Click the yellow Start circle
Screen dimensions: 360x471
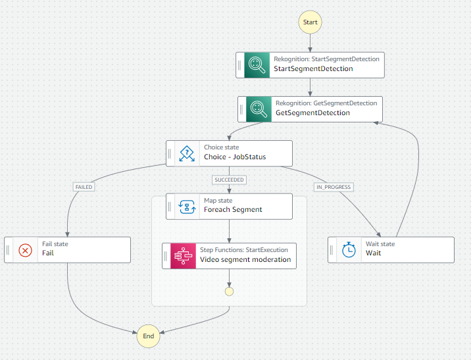310,22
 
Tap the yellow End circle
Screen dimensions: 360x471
148,336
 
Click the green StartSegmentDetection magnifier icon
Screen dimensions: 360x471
257,64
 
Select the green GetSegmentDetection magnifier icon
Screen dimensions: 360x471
259,109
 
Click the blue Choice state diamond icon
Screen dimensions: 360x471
187,153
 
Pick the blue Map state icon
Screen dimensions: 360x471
187,206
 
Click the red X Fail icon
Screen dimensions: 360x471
26,249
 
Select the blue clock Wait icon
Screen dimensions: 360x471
349,249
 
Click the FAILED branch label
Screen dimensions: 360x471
84,187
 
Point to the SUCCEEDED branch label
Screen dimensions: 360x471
229,180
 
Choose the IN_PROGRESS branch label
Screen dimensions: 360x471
334,187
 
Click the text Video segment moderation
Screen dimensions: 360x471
245,260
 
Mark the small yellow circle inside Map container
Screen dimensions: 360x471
229,290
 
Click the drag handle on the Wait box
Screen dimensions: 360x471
332,249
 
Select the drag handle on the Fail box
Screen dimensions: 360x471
9,249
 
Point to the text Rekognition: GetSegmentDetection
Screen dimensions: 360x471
326,103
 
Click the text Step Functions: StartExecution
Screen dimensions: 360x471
243,249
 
